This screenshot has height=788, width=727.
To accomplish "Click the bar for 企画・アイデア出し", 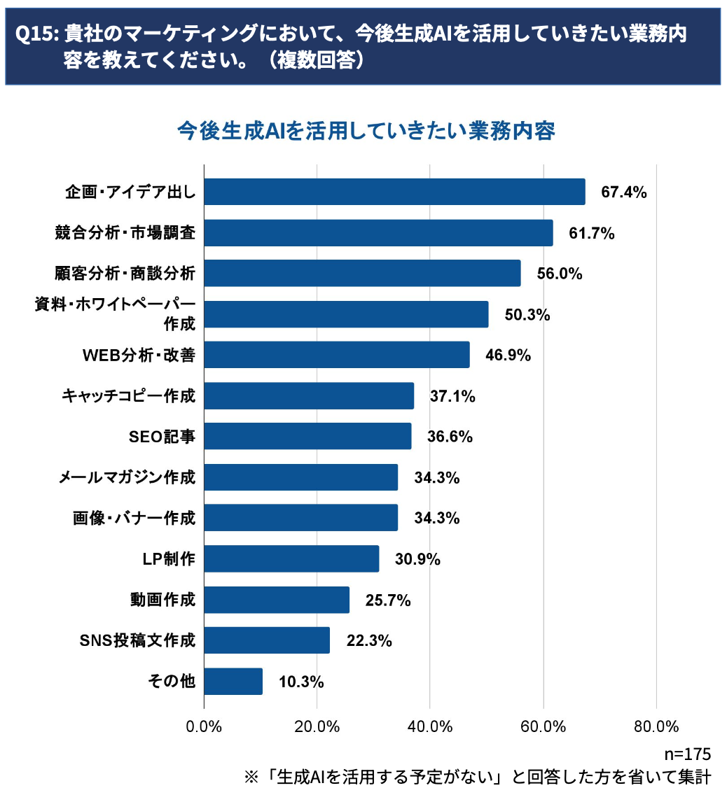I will click(x=394, y=192).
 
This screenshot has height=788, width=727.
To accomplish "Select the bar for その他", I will click(x=233, y=681).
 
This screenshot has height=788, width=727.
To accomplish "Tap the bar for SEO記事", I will click(x=307, y=436).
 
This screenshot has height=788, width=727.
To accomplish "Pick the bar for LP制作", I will click(x=291, y=558).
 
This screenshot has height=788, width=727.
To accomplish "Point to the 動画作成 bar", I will click(x=277, y=600).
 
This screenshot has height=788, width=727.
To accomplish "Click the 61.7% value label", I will click(x=592, y=233).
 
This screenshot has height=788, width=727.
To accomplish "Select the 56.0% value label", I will click(x=560, y=274).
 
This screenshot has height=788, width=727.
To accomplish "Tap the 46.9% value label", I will click(x=508, y=356).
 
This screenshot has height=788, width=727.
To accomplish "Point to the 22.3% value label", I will click(x=369, y=640).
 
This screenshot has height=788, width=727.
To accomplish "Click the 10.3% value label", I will click(x=301, y=681).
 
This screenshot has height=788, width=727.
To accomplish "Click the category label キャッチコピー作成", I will click(x=128, y=396).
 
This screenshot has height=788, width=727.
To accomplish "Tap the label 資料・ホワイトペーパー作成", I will click(x=115, y=314).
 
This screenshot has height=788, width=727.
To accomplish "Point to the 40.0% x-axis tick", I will click(x=430, y=726).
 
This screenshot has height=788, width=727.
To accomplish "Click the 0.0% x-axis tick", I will click(x=204, y=726).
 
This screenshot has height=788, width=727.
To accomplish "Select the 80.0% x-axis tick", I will click(x=656, y=726).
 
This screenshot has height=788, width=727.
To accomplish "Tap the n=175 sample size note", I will click(x=687, y=754).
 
